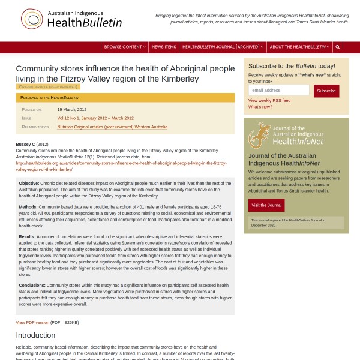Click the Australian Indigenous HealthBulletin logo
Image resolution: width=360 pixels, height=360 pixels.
pyautogui.click(x=71, y=19)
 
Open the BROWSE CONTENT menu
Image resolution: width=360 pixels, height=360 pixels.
pyautogui.click(x=124, y=47)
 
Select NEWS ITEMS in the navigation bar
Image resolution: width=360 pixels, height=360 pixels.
pyautogui.click(x=164, y=47)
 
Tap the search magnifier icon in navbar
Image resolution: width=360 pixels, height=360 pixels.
pyautogui.click(x=338, y=47)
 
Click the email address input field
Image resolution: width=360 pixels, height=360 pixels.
pyautogui.click(x=278, y=90)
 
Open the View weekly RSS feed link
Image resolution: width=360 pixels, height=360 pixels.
pyautogui.click(x=269, y=100)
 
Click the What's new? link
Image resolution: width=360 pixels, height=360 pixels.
pyautogui.click(x=260, y=107)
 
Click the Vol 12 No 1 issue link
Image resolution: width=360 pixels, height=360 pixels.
pyautogui.click(x=95, y=118)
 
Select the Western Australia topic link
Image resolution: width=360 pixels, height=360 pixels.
pyautogui.click(x=151, y=127)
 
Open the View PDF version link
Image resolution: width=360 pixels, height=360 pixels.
pyautogui.click(x=32, y=322)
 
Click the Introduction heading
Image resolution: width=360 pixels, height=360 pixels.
pyautogui.click(x=35, y=335)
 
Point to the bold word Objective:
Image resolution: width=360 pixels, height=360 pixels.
pyautogui.click(x=29, y=183)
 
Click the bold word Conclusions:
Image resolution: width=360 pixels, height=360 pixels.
pyautogui.click(x=32, y=285)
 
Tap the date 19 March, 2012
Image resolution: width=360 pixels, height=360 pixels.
pyautogui.click(x=72, y=109)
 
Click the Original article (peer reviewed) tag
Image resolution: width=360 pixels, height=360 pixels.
pyautogui.click(x=48, y=87)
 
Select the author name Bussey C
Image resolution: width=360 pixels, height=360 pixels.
pyautogui.click(x=25, y=144)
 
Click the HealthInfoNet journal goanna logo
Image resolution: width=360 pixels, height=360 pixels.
pyautogui.click(x=259, y=135)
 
